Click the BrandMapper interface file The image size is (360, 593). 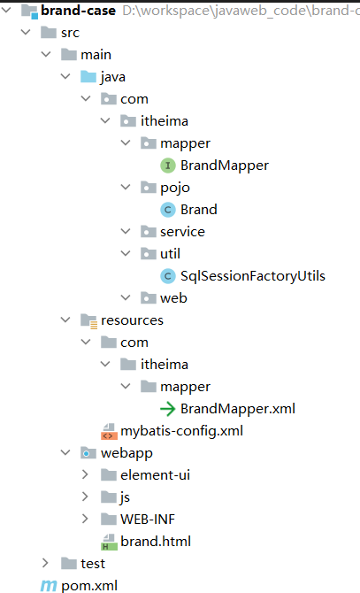point(225,166)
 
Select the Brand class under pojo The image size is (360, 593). point(199,210)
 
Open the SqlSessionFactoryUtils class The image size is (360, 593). point(253,276)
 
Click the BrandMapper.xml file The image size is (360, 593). point(238,408)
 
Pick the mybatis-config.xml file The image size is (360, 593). point(181,431)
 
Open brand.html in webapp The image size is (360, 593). point(156,541)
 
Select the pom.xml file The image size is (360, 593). point(89,585)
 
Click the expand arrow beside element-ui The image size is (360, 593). point(85,474)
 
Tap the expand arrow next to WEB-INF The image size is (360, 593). point(85,519)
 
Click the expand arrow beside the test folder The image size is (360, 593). point(45,563)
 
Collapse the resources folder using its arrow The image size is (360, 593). point(65,320)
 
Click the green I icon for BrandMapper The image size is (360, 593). point(168,166)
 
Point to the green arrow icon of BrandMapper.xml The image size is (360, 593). point(168,409)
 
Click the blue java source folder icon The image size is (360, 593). point(88,76)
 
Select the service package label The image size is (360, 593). point(182,232)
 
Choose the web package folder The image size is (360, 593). point(173,298)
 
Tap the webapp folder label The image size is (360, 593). point(126,453)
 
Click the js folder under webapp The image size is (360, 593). point(125,497)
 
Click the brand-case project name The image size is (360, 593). point(78,11)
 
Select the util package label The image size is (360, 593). point(170,254)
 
